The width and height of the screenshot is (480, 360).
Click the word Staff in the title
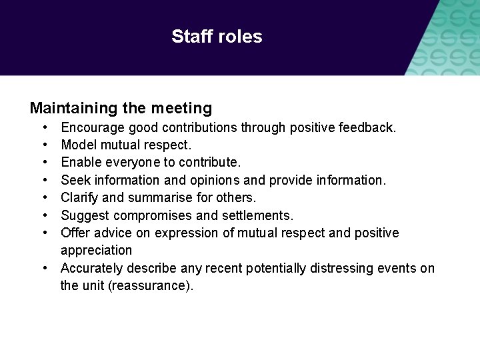point(190,36)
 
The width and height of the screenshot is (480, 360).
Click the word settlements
point(258,215)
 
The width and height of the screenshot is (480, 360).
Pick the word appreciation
point(97,251)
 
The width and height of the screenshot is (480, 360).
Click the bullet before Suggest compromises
point(44,215)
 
